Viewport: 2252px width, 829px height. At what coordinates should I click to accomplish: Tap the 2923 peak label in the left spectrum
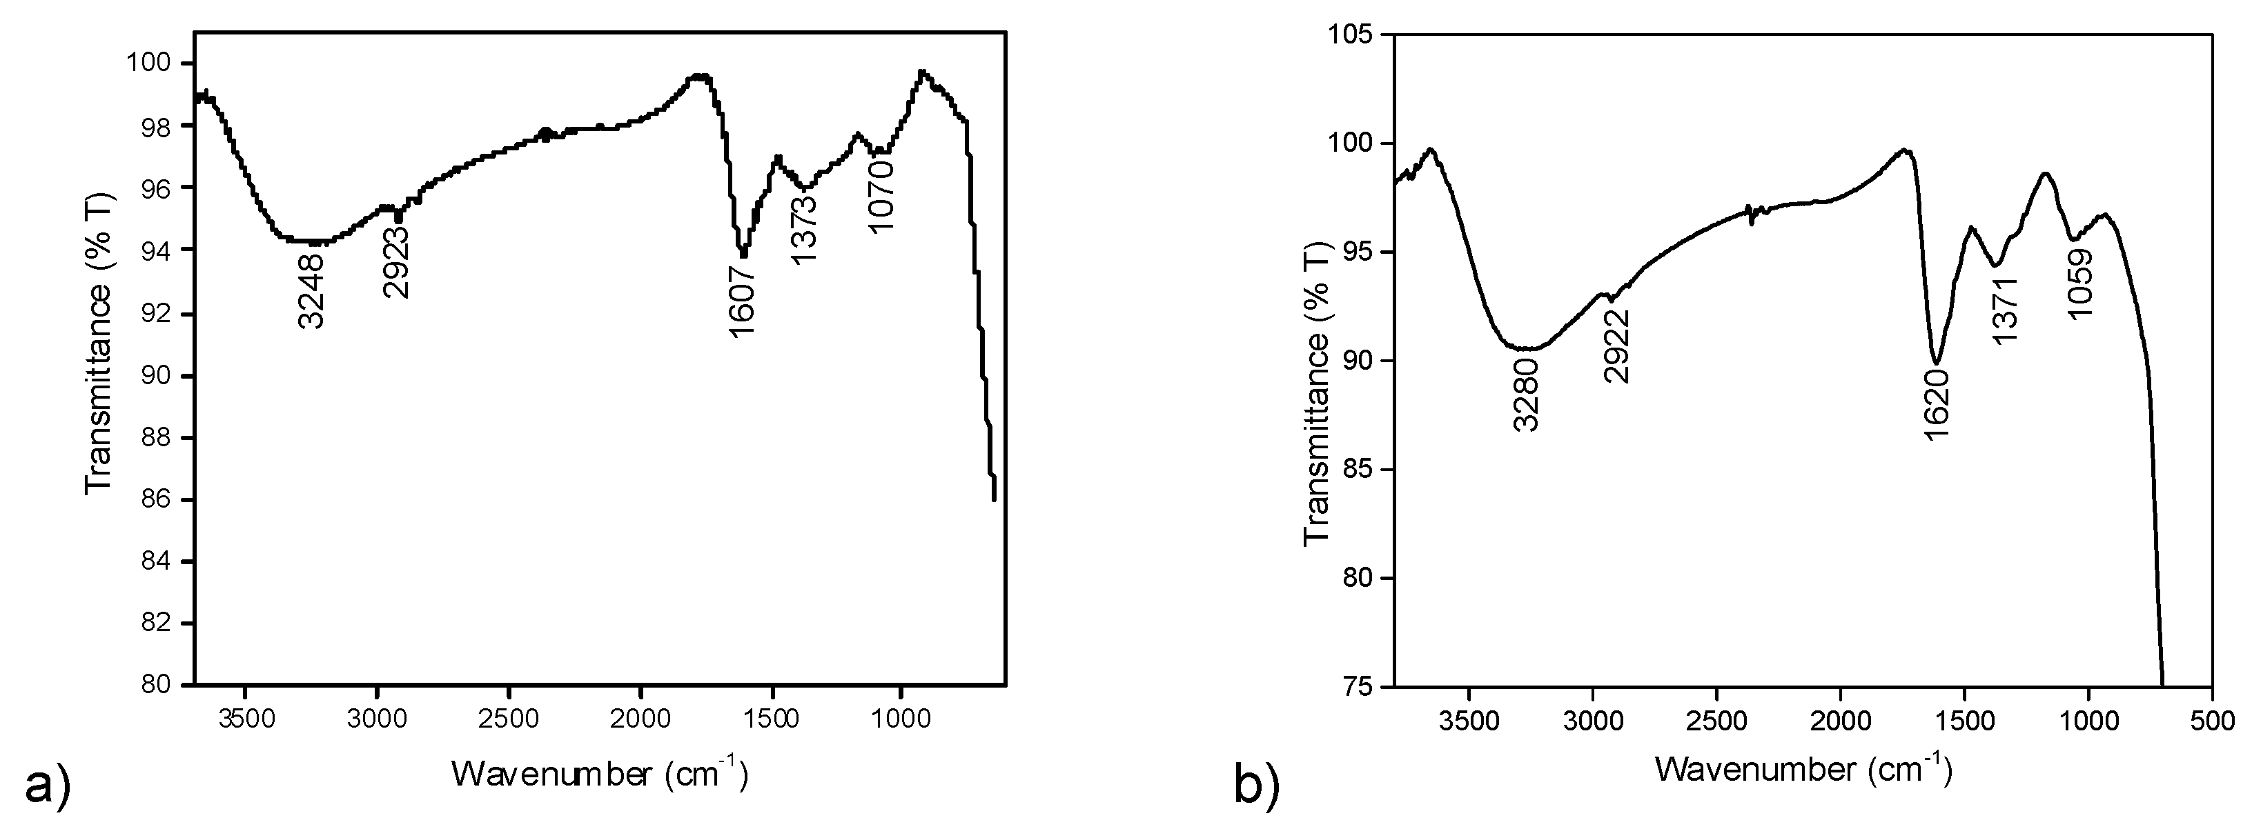coord(396,261)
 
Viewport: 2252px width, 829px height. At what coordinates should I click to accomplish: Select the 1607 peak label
coord(741,301)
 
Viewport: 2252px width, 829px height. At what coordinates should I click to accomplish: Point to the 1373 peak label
coord(803,230)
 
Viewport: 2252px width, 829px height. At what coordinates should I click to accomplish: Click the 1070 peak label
coord(881,197)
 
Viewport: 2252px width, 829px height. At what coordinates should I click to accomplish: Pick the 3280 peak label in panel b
coord(1525,397)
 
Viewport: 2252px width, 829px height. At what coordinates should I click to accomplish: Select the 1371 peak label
coord(2005,310)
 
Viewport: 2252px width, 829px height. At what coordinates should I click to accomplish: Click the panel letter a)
coord(46,786)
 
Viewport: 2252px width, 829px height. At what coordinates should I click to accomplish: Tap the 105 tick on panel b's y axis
coord(1353,36)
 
